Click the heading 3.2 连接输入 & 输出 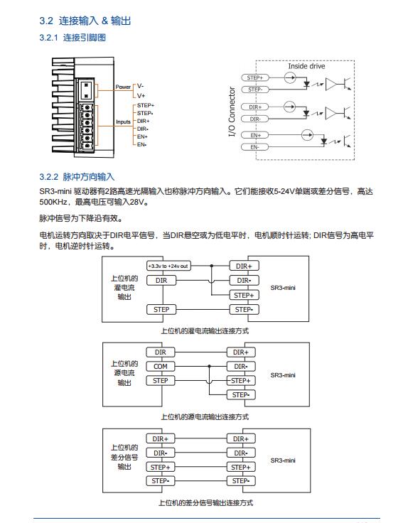(85, 21)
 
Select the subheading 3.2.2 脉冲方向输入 (77, 177)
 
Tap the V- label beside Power (141, 86)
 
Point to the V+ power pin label (141, 95)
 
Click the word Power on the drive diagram (123, 87)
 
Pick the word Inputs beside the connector (123, 122)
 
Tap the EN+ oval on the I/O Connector (255, 136)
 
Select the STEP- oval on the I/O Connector (255, 90)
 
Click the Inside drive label (306, 66)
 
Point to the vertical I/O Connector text (232, 112)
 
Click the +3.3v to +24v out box (168, 266)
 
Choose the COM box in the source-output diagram (161, 367)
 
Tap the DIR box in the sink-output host (161, 281)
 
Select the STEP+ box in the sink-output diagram (244, 295)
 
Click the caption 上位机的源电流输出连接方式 (205, 417)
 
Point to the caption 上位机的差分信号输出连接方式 (205, 503)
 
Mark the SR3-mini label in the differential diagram (283, 460)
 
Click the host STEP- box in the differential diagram (161, 481)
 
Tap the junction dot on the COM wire (209, 366)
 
